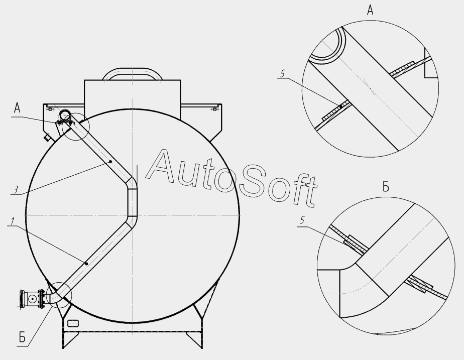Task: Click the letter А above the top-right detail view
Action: coord(370,10)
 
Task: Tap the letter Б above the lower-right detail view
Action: coord(386,187)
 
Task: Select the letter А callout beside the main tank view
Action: coord(17,108)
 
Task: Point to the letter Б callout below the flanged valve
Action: coord(22,337)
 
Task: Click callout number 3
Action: coord(16,189)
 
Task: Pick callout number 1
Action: coord(12,221)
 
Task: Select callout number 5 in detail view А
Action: coord(282,74)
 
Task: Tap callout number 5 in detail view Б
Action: coord(302,220)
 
